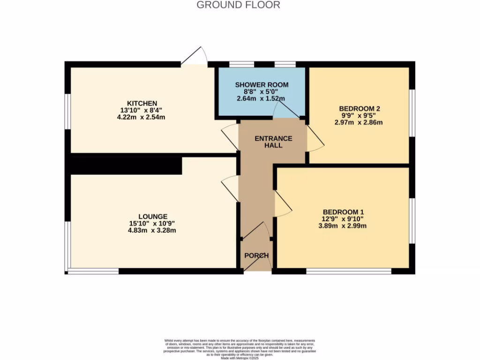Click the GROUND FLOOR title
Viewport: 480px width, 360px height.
point(238,5)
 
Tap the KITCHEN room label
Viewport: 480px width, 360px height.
point(142,103)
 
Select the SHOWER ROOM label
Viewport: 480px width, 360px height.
point(262,85)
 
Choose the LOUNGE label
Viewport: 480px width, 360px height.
point(153,216)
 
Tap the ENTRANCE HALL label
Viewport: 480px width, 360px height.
point(273,142)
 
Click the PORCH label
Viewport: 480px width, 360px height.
point(256,255)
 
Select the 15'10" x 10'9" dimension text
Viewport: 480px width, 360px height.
point(153,223)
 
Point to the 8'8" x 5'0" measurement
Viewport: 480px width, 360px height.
point(262,92)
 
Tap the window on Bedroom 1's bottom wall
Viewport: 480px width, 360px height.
point(349,271)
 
